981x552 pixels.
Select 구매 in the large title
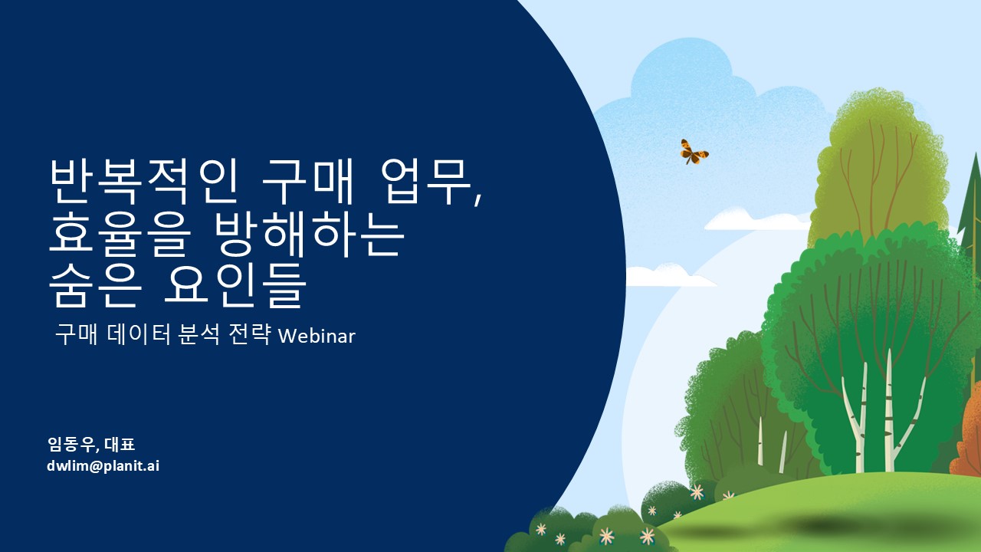tap(308, 182)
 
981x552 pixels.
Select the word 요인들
tap(235, 284)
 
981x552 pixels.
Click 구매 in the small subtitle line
tap(76, 335)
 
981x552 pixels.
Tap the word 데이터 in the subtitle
tap(139, 335)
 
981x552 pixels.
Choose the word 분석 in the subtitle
tap(198, 335)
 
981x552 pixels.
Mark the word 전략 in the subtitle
tap(249, 335)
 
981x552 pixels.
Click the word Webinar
tap(317, 336)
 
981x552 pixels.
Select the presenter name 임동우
tap(71, 444)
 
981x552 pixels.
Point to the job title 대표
tap(120, 444)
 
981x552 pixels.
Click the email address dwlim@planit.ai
tap(103, 465)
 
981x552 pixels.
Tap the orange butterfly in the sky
tap(694, 152)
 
